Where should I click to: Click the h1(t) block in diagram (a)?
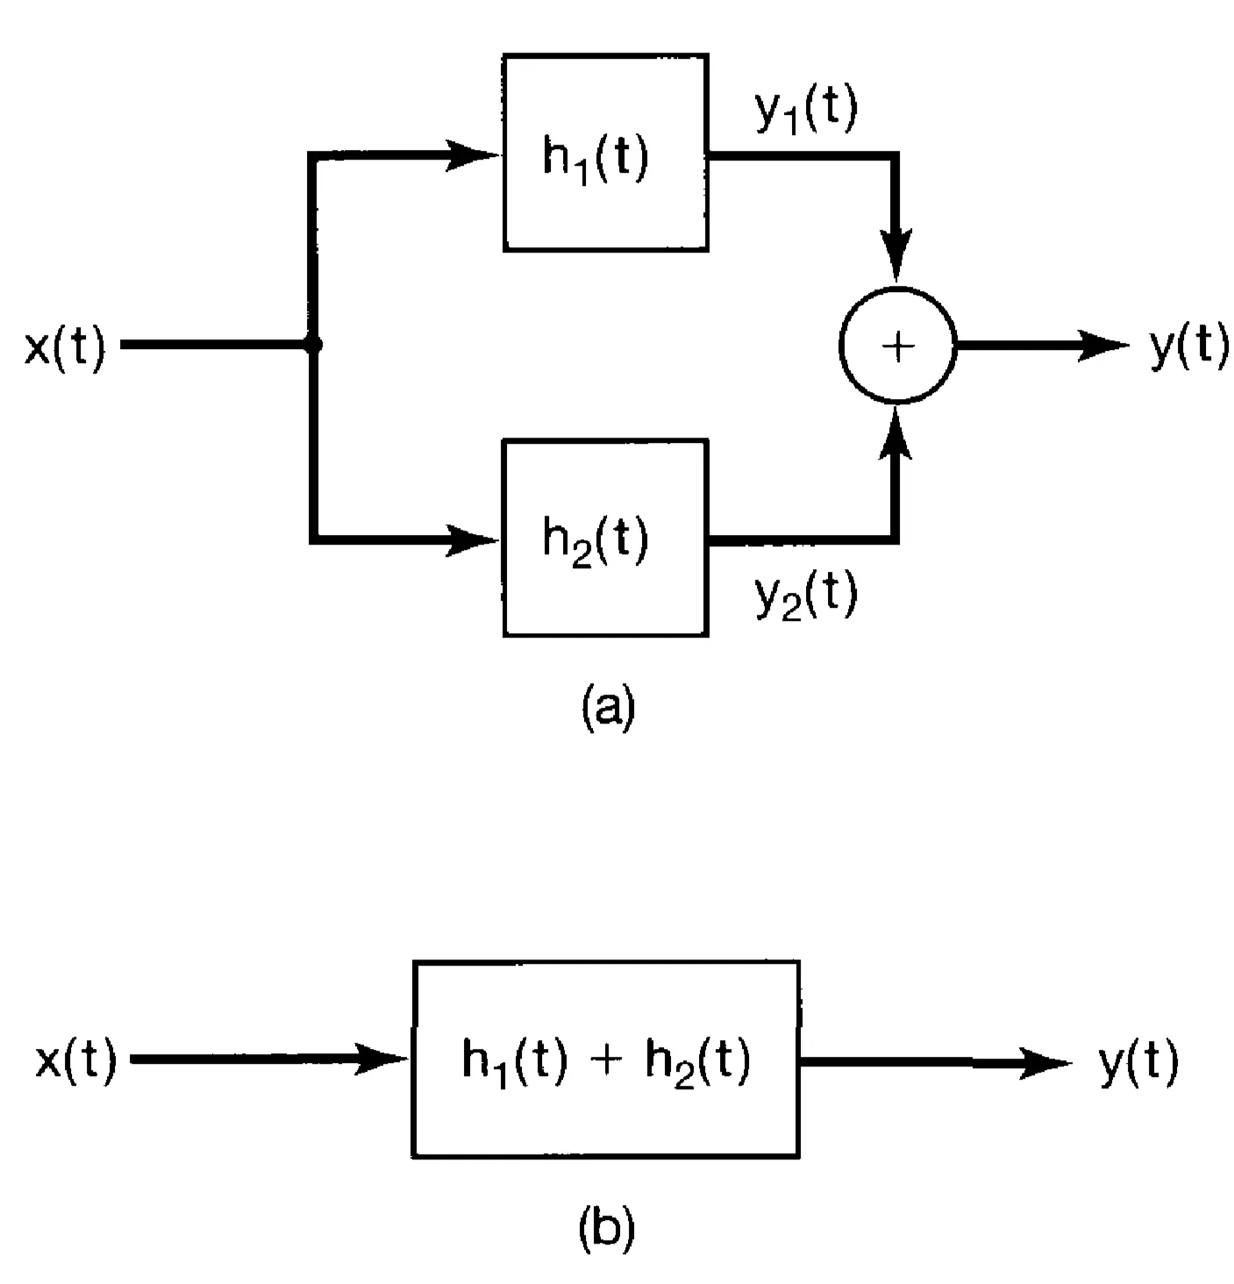(x=605, y=153)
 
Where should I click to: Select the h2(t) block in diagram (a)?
(x=605, y=539)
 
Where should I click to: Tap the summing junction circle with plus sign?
(x=897, y=346)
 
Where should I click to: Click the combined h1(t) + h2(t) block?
(x=605, y=1059)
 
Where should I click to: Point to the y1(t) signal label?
(x=806, y=112)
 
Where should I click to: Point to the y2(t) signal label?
(x=806, y=596)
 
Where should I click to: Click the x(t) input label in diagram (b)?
(x=76, y=1062)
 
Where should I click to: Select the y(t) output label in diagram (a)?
(x=1188, y=346)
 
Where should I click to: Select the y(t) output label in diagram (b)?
(x=1139, y=1062)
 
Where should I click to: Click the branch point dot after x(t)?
(x=313, y=346)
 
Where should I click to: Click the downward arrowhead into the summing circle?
(x=896, y=256)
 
